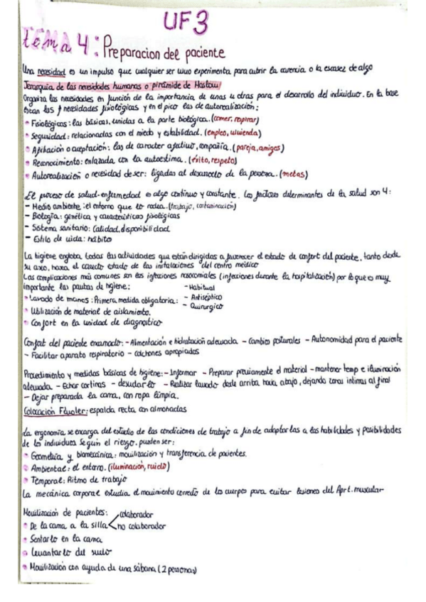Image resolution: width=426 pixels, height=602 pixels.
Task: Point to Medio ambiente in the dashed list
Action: (x=50, y=207)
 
